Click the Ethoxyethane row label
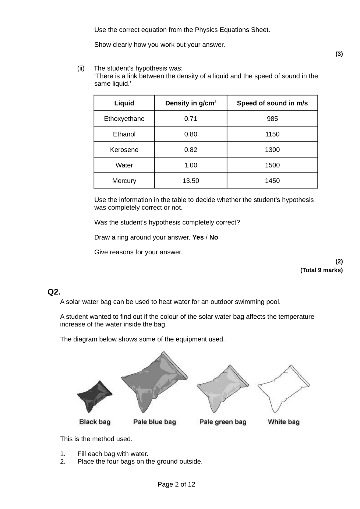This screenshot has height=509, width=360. [124, 119]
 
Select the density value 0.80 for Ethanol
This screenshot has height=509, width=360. [191, 134]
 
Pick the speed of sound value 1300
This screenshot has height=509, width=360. [272, 149]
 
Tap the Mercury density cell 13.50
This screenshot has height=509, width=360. [191, 181]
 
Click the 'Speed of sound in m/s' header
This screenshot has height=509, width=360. [272, 103]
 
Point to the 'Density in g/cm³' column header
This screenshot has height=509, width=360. [191, 103]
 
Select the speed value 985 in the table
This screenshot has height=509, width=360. [272, 119]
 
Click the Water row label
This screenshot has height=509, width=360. [124, 165]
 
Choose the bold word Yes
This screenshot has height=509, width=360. [198, 237]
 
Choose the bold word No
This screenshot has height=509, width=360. [214, 237]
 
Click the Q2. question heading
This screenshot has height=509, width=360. [54, 292]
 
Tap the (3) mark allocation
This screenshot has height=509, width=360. [339, 54]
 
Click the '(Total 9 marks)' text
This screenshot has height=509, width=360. [321, 270]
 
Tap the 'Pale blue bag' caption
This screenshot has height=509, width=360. [155, 422]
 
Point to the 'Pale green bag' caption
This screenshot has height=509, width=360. [223, 422]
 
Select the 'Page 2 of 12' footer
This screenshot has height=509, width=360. [176, 484]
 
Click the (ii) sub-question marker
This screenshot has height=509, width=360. [81, 68]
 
